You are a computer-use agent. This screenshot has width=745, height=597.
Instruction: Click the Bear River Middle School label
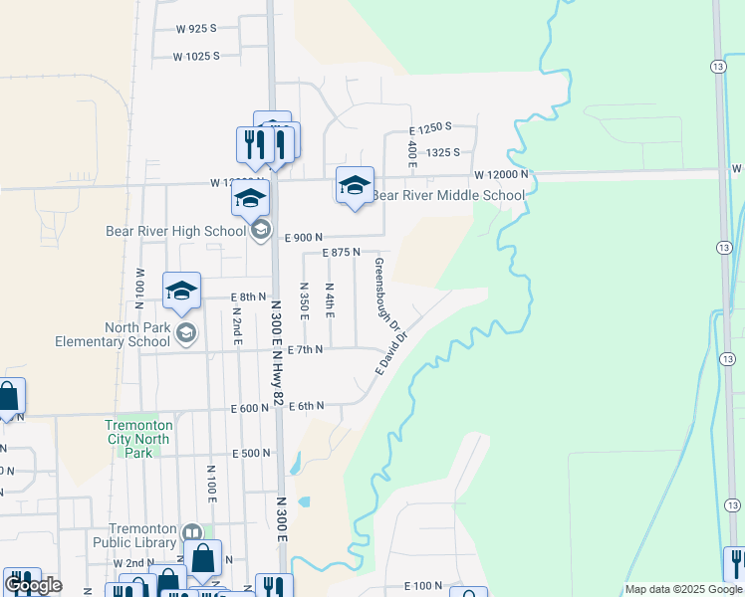[x=447, y=195]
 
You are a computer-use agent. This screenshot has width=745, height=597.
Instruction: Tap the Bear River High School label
[x=175, y=231]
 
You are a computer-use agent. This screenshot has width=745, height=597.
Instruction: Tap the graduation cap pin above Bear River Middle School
[x=355, y=185]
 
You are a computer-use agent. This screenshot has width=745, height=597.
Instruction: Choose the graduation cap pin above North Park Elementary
[x=181, y=290]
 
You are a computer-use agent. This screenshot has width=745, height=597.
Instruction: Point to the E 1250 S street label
[x=431, y=127]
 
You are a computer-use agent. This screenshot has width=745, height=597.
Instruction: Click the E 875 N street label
[x=341, y=253]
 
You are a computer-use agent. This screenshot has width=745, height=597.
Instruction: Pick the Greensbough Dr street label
[x=386, y=295]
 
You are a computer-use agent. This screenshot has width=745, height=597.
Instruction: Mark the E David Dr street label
[x=391, y=352]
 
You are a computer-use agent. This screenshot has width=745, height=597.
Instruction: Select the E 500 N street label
[x=251, y=453]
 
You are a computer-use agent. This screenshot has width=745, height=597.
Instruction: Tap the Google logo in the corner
[x=33, y=585]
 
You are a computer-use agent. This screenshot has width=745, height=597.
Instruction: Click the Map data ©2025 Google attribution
[x=683, y=589]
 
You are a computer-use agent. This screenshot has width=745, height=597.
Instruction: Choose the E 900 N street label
[x=305, y=238]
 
